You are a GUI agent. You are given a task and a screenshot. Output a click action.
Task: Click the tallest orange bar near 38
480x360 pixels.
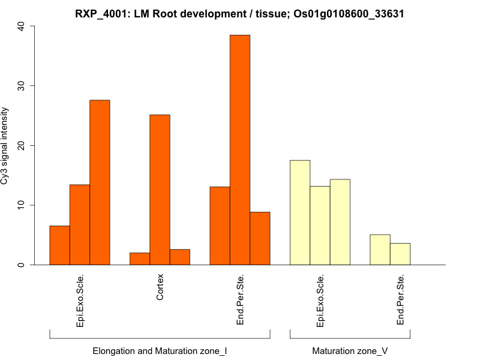coord(240,150)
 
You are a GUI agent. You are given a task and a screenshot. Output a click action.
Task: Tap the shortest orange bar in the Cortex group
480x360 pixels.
coord(140,259)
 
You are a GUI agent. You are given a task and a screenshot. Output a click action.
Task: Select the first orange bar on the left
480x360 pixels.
coord(59,245)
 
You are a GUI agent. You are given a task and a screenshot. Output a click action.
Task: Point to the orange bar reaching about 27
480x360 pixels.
coord(100,182)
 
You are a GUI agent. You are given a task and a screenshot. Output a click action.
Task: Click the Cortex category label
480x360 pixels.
coord(160,287)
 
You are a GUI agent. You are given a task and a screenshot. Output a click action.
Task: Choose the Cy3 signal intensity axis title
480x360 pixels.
coord(6,146)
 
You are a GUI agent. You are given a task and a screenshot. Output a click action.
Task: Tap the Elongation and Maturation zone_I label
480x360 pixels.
coord(160,350)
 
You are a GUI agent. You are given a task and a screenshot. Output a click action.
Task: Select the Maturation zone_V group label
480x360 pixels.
coord(350,350)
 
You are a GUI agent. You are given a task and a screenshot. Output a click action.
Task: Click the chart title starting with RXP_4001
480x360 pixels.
coord(239,13)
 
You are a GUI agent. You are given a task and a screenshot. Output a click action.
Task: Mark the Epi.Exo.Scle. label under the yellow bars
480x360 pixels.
coord(320,301)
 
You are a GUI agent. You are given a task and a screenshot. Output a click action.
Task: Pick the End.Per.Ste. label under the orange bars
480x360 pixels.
coord(240,300)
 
